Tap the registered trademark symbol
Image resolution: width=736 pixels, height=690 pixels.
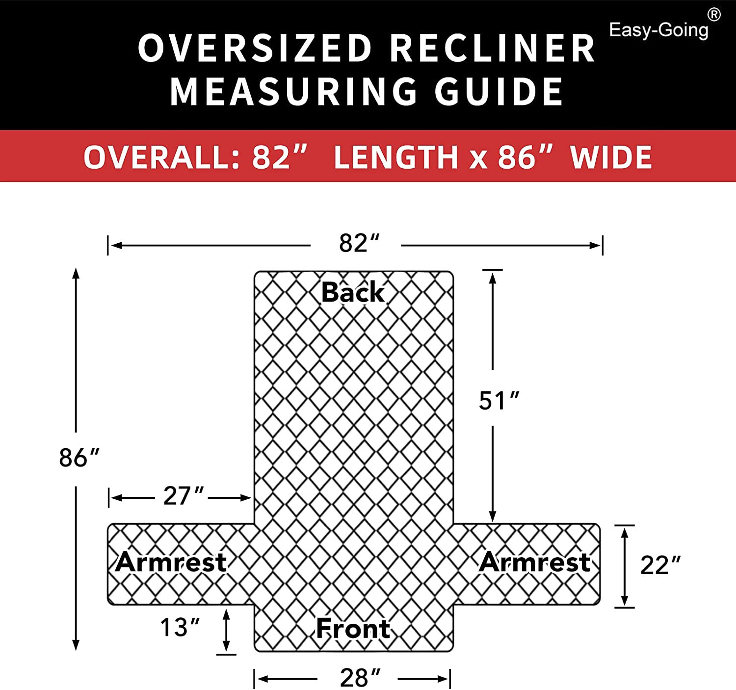coord(714,15)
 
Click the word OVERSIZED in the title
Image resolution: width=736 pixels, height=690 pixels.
coord(255,48)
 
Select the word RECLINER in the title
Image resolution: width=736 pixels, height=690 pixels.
coord(493,48)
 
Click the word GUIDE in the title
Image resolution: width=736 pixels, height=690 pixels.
coord(499,91)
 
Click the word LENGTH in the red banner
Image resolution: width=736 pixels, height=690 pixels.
coord(396,157)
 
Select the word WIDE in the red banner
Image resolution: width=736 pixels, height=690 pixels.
coord(611,157)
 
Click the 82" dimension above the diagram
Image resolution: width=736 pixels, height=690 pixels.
coord(359,243)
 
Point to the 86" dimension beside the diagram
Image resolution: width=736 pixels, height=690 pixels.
coord(79,457)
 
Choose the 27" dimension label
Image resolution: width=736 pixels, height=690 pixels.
coord(184,496)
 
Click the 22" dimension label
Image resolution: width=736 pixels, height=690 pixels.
coord(660,565)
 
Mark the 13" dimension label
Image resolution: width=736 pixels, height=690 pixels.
coord(180,627)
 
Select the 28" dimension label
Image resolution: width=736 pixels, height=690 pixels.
coord(360,678)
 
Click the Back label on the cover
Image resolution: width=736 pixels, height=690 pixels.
coord(353,292)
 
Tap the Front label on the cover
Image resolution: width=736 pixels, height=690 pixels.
coord(353,629)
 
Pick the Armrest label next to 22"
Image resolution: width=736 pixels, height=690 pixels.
coord(534,562)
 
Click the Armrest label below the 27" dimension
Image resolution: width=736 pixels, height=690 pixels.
coord(171,562)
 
